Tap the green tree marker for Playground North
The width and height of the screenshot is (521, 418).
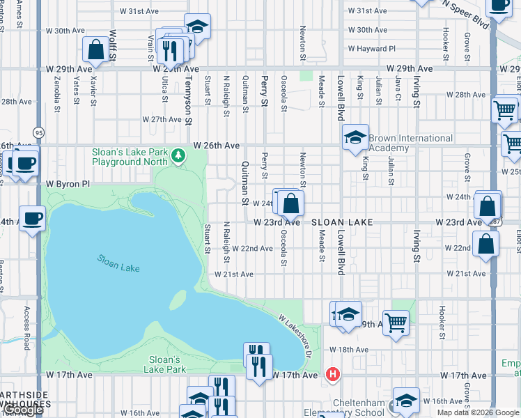coord(179,154)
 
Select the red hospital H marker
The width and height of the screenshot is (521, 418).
coord(334,375)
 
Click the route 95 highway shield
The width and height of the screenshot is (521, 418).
coord(38,132)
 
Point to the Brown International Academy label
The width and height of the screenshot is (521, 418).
coord(410,143)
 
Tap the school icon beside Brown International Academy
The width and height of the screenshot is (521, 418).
coord(355,137)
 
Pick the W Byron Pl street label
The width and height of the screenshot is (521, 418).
coord(68,184)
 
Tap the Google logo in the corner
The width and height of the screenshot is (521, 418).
coord(22,410)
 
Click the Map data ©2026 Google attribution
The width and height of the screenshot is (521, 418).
coord(478,412)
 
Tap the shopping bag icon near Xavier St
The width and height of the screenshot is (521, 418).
coord(96,49)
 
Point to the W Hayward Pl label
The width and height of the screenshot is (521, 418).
coord(371,49)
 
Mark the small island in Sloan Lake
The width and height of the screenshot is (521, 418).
coord(178,300)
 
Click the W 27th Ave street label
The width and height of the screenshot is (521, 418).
coord(162,119)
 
